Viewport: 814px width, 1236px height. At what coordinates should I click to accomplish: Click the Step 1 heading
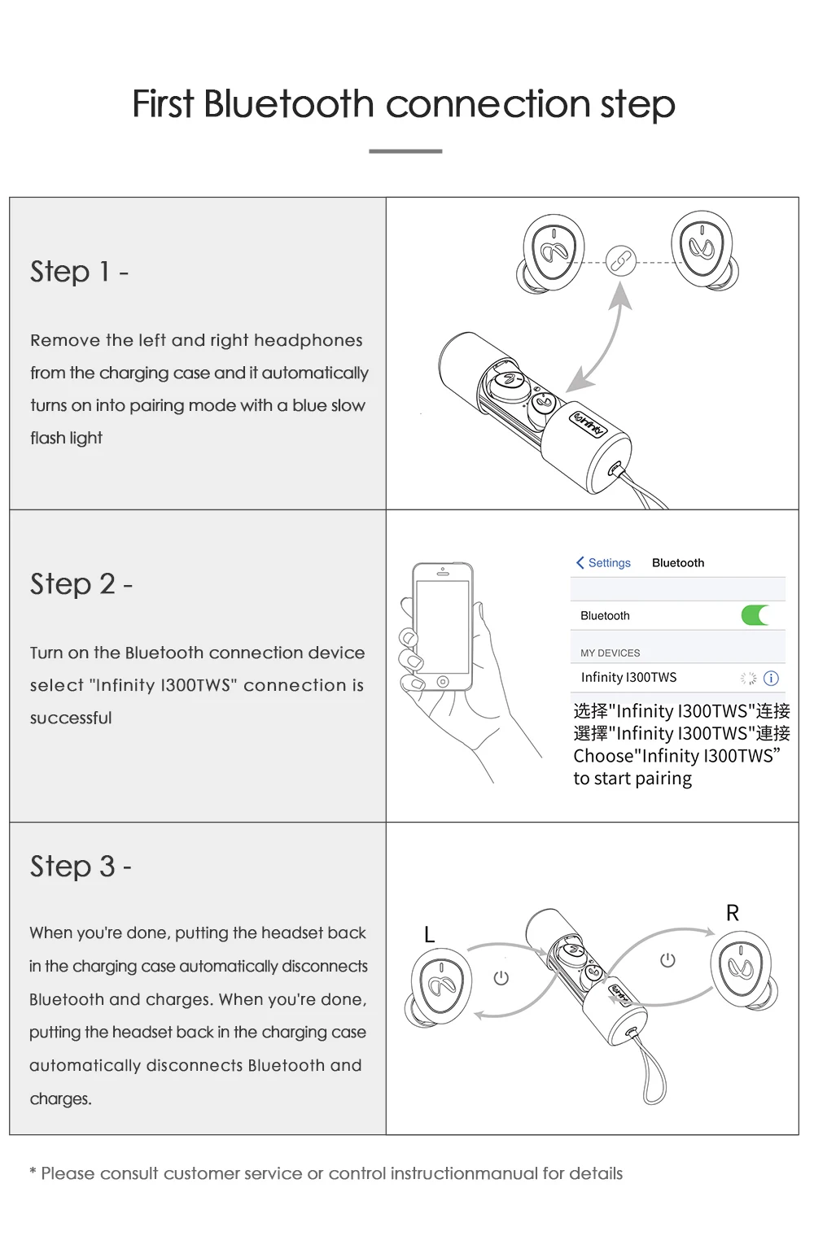click(x=79, y=271)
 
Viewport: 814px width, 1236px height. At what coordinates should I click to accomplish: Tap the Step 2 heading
click(x=81, y=583)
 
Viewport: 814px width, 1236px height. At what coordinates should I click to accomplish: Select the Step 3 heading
click(x=80, y=866)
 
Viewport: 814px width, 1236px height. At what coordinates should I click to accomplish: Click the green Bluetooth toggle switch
click(x=756, y=615)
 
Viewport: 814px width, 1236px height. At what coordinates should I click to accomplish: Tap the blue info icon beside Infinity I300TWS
click(x=772, y=678)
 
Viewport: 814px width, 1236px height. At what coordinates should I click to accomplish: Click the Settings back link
click(x=603, y=562)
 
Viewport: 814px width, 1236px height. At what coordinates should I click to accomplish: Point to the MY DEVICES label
click(x=610, y=653)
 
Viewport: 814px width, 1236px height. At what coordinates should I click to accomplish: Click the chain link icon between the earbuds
click(x=620, y=260)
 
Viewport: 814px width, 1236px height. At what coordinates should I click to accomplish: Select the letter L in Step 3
click(x=429, y=935)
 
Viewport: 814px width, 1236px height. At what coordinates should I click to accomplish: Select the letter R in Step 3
click(x=733, y=913)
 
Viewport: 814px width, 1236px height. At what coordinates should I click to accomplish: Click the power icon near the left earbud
click(x=501, y=977)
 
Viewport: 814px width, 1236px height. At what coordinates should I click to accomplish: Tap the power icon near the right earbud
click(x=667, y=960)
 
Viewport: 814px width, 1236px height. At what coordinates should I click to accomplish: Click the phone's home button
click(x=442, y=681)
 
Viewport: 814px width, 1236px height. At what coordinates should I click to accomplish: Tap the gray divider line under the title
click(x=405, y=151)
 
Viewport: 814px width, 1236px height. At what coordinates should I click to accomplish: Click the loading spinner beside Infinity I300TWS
click(x=748, y=678)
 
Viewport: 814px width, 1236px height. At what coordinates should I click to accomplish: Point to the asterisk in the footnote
click(x=33, y=1173)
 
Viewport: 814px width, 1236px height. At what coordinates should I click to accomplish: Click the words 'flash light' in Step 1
click(x=66, y=438)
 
